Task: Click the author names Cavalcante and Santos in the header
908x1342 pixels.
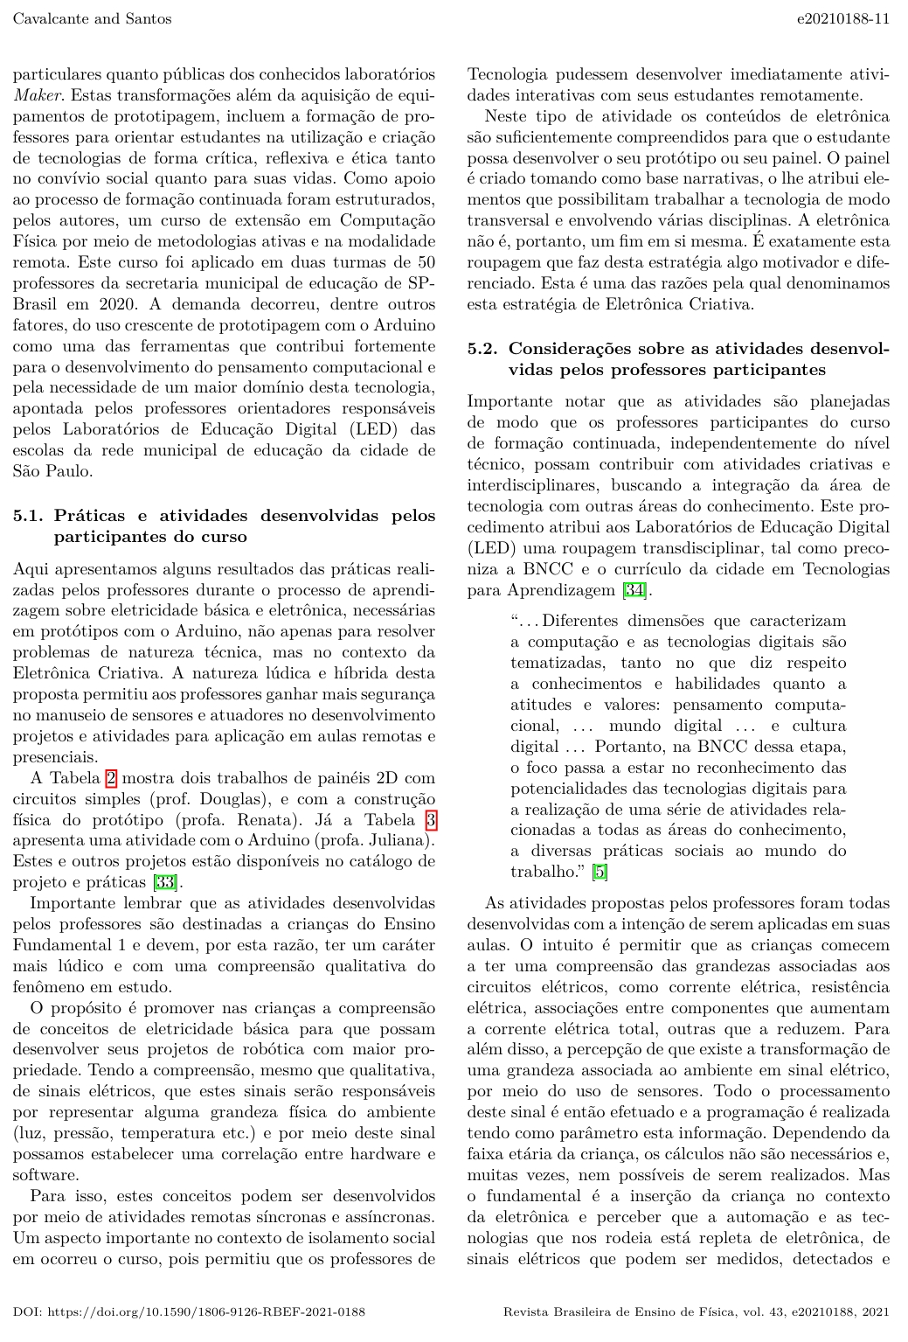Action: pyautogui.click(x=92, y=18)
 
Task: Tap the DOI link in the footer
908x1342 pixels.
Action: pyautogui.click(x=189, y=1311)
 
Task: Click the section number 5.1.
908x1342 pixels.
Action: pyautogui.click(x=30, y=515)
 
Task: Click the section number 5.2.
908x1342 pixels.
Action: pyautogui.click(x=483, y=349)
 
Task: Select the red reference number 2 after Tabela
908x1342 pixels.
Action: pyautogui.click(x=111, y=778)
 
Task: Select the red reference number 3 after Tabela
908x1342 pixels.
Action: pyautogui.click(x=430, y=820)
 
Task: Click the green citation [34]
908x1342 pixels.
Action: pyautogui.click(x=634, y=590)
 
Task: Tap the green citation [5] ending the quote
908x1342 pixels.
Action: pyautogui.click(x=600, y=872)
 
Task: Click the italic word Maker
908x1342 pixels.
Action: pyautogui.click(x=31, y=95)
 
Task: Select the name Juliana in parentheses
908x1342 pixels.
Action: pyautogui.click(x=398, y=841)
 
